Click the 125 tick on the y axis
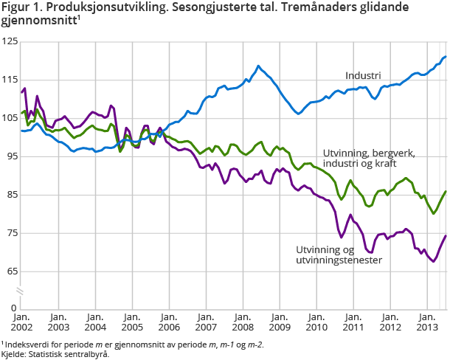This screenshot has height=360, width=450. point(10,42)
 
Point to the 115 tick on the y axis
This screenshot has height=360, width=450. point(10,80)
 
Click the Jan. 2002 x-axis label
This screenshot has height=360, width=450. point(21,322)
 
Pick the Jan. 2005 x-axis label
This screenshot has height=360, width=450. point(132,322)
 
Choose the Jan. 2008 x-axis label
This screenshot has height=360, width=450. point(243,322)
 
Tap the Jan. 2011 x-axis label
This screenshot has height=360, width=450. point(353,322)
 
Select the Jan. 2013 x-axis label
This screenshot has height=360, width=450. point(427,322)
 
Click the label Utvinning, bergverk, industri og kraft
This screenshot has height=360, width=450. point(369,159)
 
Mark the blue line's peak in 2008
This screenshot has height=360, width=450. point(258,66)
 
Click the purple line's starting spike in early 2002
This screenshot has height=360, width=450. point(25,89)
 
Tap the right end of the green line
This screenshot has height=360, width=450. point(446,192)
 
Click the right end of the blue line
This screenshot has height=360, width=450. point(446,57)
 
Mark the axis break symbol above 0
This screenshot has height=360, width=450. point(21,293)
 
